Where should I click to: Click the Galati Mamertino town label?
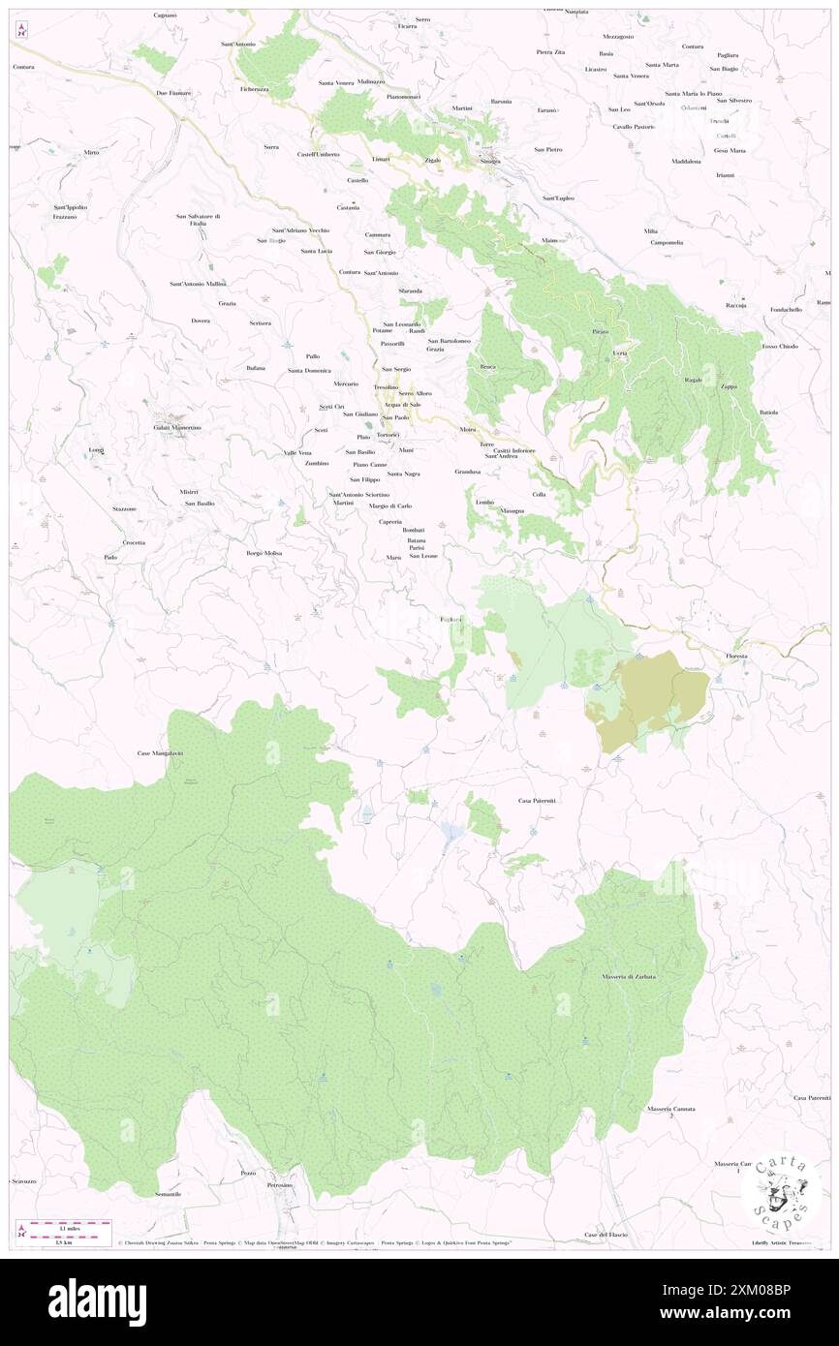(x=176, y=428)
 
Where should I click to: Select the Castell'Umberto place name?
(x=318, y=155)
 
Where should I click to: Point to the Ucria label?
(x=620, y=353)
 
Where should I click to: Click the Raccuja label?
(x=735, y=305)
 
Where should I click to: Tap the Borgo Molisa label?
(x=264, y=553)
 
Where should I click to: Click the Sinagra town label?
(x=490, y=161)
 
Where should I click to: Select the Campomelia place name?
(x=667, y=242)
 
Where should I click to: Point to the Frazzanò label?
(x=65, y=217)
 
